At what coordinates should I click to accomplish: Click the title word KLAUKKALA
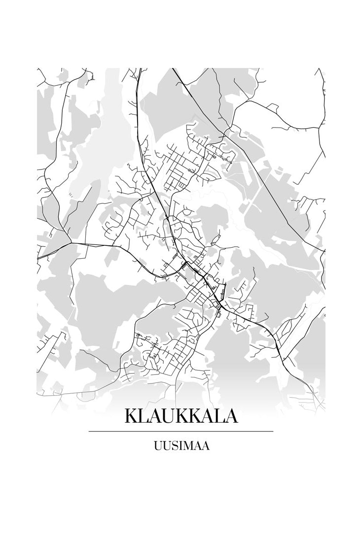181,416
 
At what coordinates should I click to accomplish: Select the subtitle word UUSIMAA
181,446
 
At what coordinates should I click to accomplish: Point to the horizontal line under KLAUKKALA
181,431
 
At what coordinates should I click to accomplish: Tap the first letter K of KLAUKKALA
131,416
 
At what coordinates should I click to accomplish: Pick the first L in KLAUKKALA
144,416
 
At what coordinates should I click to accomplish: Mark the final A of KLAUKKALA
231,416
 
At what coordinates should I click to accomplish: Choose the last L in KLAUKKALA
218,416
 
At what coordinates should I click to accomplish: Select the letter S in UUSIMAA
173,446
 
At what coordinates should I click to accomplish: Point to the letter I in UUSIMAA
180,446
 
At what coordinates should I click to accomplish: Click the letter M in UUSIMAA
188,446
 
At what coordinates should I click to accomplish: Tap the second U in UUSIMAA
166,446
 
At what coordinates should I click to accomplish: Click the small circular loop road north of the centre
188,212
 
